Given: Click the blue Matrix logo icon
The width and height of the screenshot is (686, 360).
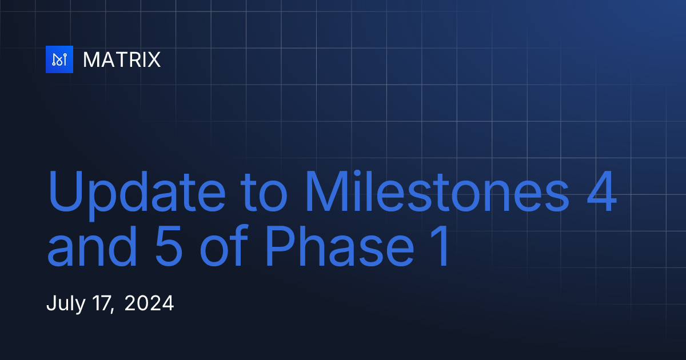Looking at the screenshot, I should tap(59, 59).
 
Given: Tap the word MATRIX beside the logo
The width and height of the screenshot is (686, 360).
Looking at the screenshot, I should tap(122, 59).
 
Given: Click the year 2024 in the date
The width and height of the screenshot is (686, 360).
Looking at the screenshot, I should tap(149, 303).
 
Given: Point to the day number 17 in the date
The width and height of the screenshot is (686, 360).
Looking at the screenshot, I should tap(100, 303).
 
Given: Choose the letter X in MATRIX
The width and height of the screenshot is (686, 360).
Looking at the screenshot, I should tap(153, 59).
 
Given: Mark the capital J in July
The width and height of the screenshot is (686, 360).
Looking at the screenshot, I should tap(50, 303).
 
